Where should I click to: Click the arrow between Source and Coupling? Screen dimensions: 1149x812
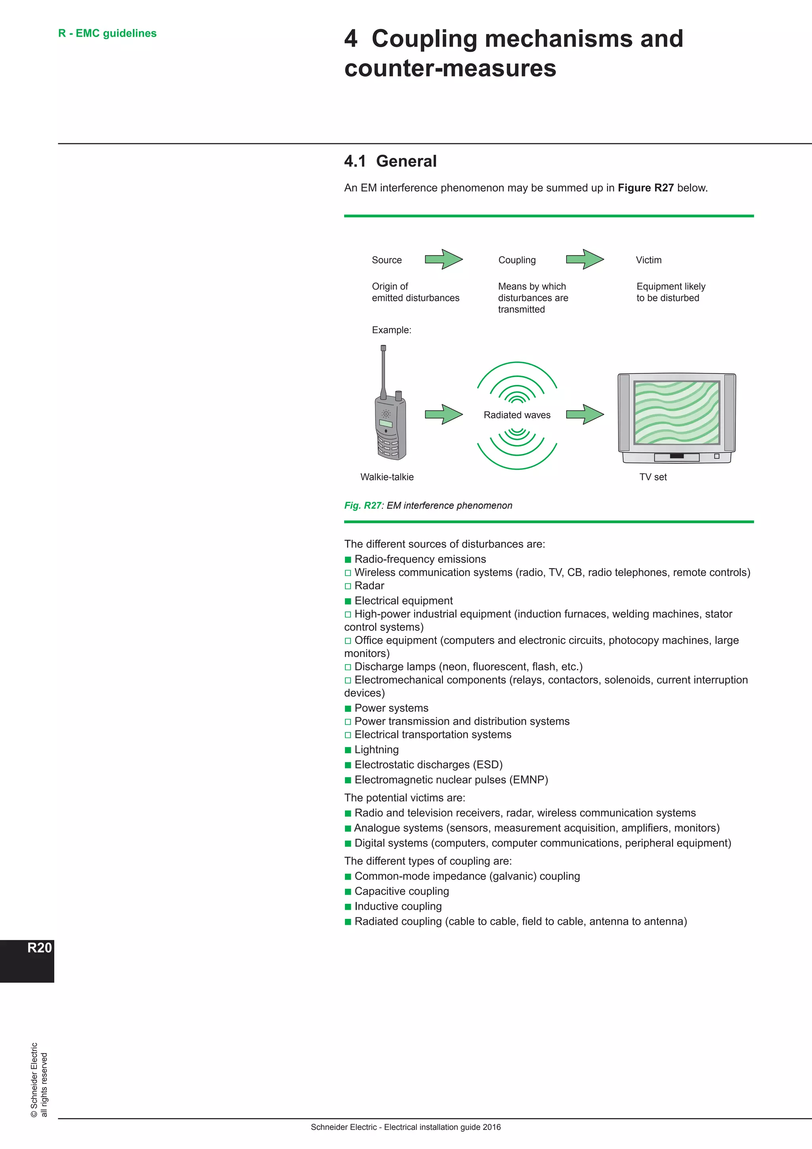[444, 259]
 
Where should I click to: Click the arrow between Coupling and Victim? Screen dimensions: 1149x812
[584, 259]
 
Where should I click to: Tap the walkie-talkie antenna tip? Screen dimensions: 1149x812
[383, 348]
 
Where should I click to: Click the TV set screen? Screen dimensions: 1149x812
[676, 412]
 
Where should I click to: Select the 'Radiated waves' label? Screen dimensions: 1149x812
[517, 415]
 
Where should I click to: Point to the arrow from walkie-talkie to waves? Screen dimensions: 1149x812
[444, 414]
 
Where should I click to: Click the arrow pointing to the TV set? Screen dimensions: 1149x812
[584, 414]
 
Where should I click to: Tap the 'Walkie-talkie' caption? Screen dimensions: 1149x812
[387, 477]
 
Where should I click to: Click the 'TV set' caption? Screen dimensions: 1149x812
[653, 477]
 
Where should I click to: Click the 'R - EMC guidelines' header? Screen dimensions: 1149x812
[107, 34]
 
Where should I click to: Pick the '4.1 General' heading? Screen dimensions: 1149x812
[391, 161]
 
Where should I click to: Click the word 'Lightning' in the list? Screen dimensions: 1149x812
[377, 749]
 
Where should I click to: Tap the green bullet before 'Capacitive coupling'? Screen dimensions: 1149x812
[348, 892]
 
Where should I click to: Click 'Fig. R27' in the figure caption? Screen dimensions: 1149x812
[362, 505]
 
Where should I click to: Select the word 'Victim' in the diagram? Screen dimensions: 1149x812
[649, 260]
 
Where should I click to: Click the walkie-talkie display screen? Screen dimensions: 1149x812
[386, 423]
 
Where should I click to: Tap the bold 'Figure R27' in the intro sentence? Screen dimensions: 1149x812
[645, 188]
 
